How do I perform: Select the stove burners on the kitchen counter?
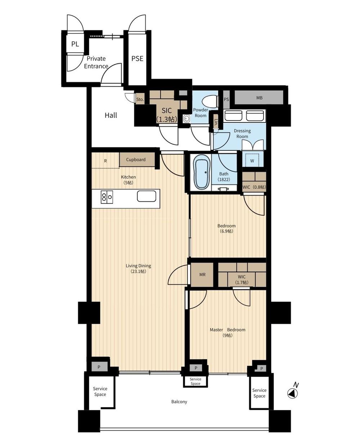[107, 197]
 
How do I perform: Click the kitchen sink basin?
[147, 196]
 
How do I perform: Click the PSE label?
[138, 58]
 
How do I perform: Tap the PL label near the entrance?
[75, 44]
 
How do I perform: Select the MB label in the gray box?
[259, 98]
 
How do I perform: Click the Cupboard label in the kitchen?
[136, 160]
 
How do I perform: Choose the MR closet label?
[202, 274]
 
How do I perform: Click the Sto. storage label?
[140, 99]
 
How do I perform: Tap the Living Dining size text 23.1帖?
[138, 272]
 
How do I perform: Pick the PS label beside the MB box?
[226, 99]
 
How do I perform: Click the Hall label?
[111, 115]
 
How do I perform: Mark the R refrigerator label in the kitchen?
[105, 161]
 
